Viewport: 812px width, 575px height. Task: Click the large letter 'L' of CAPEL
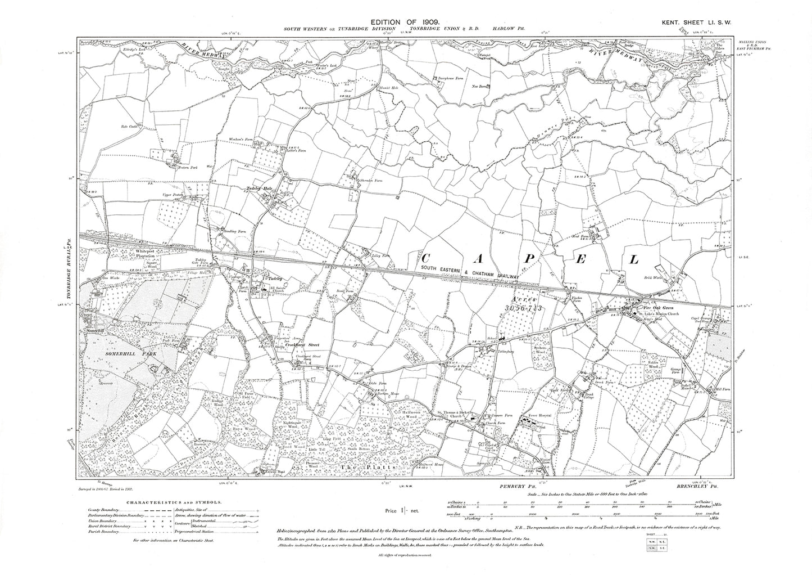[634, 259]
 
